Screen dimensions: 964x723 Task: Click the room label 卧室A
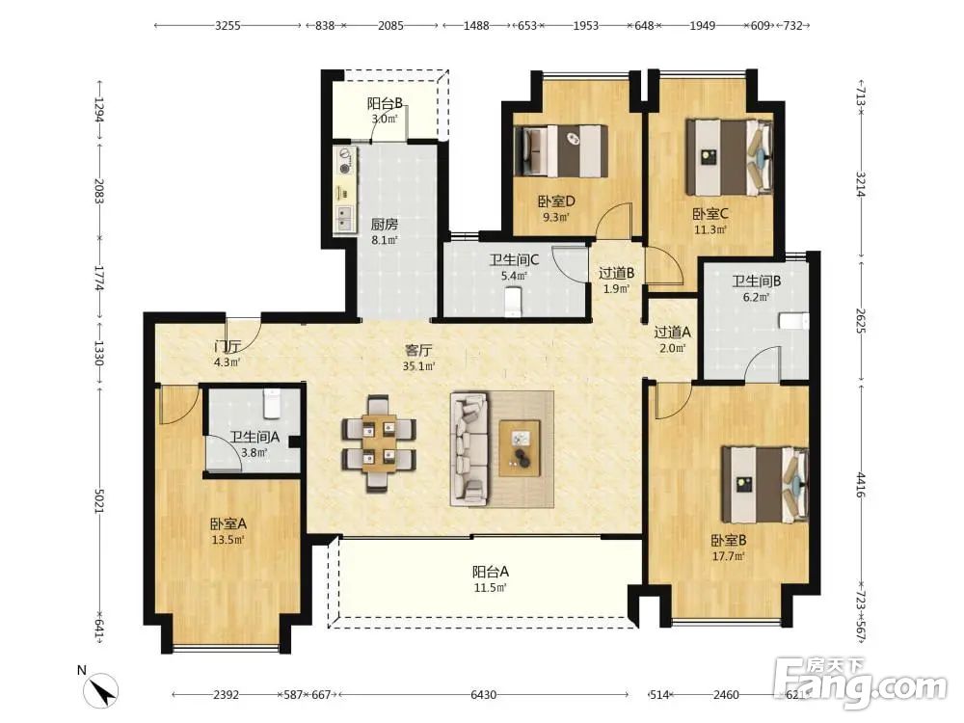click(228, 524)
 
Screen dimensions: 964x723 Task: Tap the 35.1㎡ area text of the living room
click(418, 366)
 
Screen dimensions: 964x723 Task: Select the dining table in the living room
click(379, 443)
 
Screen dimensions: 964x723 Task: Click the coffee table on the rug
click(520, 448)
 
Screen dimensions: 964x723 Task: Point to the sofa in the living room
click(469, 448)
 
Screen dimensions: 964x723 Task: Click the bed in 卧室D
click(561, 150)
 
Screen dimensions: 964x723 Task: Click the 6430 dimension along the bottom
click(483, 695)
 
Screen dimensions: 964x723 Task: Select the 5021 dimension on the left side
click(99, 501)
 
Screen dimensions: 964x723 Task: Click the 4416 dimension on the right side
click(861, 485)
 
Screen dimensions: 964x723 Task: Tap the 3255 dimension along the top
click(228, 26)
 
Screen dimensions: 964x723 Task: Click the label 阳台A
click(490, 572)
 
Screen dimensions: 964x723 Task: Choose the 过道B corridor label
click(617, 273)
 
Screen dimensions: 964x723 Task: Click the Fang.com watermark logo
click(861, 683)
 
